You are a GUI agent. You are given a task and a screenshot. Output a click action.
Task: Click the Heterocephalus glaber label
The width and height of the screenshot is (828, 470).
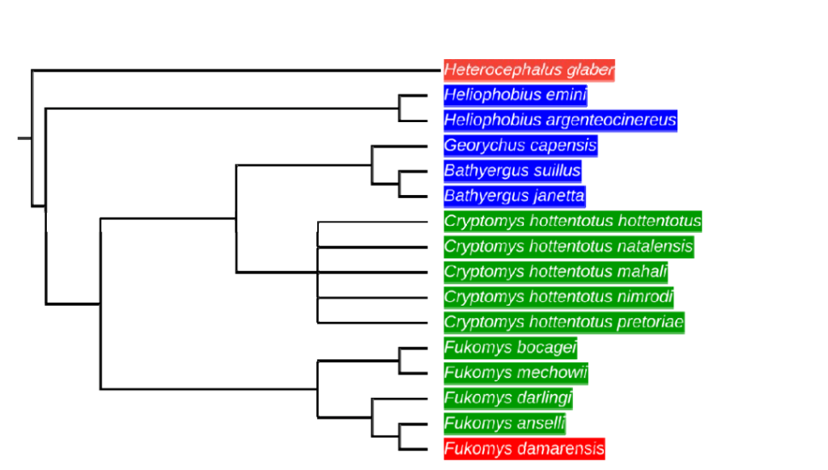(529, 70)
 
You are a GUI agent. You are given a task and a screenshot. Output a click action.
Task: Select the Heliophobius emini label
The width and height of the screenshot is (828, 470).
(515, 95)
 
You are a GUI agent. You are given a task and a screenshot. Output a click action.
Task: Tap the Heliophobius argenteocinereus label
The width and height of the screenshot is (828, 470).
(560, 121)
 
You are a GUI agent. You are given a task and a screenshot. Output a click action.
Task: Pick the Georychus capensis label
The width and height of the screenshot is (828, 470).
(520, 146)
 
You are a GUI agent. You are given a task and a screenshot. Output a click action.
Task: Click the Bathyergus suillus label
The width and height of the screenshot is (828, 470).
(512, 171)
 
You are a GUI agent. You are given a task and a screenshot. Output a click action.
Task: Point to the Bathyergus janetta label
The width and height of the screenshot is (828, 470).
(514, 196)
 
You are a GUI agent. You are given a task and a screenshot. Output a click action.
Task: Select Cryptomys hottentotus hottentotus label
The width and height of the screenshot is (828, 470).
(572, 221)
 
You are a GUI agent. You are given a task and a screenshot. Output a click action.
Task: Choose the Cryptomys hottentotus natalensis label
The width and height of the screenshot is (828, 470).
(568, 246)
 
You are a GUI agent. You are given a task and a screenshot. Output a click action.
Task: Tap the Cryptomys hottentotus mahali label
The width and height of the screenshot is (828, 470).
(556, 271)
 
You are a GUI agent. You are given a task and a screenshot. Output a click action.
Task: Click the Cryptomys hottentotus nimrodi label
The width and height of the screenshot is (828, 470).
(558, 297)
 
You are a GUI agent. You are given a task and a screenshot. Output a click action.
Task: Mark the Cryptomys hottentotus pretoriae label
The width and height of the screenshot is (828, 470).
(564, 322)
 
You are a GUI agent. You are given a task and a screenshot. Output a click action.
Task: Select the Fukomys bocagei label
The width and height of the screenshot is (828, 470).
(510, 347)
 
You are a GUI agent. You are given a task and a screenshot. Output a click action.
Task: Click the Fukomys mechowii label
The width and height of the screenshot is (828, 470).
(516, 373)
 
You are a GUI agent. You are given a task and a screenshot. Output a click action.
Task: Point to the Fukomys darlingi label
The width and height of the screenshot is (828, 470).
(508, 398)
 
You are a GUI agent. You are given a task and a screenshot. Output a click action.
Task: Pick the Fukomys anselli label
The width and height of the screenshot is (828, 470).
(505, 423)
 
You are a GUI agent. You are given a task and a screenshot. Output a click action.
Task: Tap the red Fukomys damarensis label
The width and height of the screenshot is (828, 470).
(524, 448)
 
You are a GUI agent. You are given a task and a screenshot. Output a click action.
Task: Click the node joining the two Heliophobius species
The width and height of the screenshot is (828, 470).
(400, 108)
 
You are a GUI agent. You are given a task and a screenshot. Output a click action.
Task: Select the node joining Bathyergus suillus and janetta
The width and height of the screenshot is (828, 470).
(400, 184)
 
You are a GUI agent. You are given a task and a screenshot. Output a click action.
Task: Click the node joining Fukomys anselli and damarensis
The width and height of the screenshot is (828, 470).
(400, 436)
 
